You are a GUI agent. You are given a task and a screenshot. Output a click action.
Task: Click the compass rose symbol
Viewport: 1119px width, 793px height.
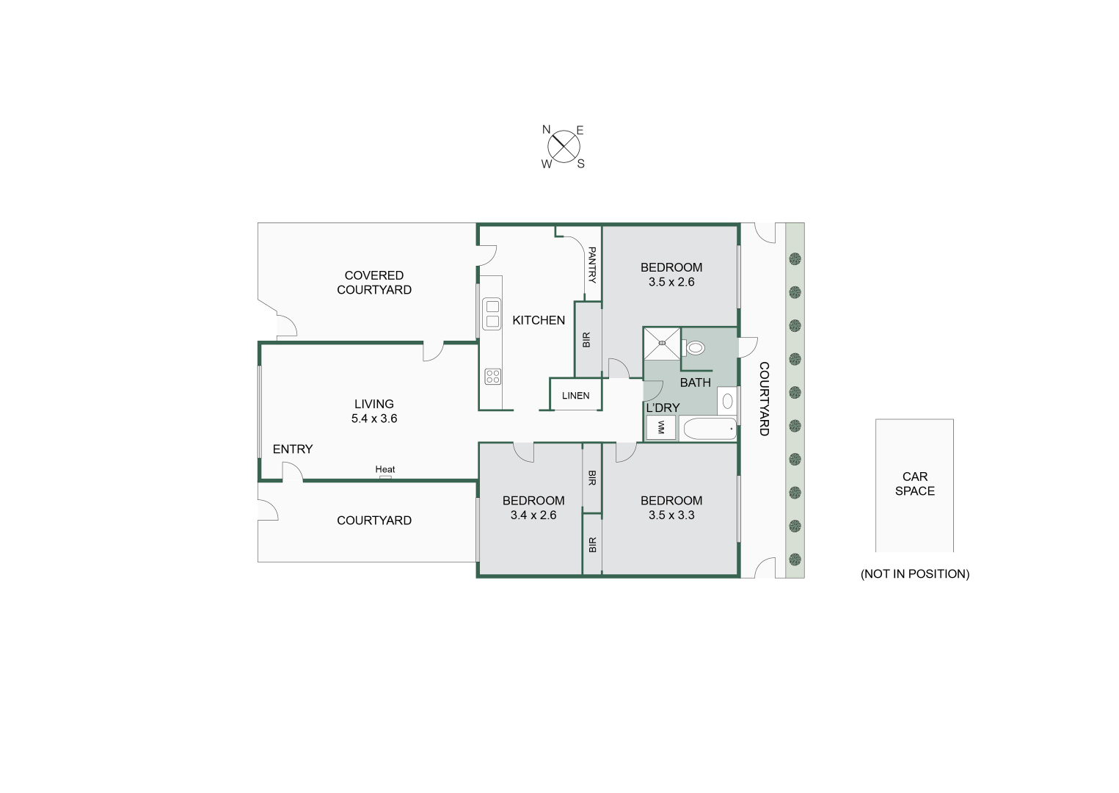pos(564,147)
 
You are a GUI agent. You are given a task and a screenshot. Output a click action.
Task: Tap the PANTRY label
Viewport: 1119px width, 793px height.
pos(592,265)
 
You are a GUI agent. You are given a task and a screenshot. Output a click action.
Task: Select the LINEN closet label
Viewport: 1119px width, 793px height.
pos(575,396)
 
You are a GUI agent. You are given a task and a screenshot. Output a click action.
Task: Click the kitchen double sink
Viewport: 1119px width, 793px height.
pos(492,314)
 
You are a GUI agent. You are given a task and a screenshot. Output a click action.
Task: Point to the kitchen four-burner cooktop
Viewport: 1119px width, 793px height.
pos(493,376)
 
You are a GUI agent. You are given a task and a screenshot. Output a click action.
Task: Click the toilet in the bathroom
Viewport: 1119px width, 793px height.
pos(693,347)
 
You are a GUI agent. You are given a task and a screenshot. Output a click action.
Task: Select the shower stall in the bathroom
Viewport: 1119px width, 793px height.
pos(662,344)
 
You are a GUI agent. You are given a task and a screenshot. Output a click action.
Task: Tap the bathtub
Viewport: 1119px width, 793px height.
pos(710,429)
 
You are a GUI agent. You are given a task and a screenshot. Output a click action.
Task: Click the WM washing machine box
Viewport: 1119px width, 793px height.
pos(661,427)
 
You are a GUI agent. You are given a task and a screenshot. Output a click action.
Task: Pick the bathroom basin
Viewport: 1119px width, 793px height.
pos(728,401)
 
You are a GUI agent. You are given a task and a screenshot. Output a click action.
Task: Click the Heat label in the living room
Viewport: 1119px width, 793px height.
pos(384,469)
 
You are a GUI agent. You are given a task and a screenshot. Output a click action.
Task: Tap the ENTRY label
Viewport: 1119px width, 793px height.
pos(293,449)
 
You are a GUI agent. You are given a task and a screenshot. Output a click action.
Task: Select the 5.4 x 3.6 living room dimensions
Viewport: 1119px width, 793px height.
pos(374,419)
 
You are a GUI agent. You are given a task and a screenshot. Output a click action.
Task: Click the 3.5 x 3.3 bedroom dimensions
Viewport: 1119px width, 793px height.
pos(671,515)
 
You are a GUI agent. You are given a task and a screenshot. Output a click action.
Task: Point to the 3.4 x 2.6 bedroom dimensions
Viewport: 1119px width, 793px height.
pos(533,515)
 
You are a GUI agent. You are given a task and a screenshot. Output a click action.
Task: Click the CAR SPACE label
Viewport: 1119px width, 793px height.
pos(915,484)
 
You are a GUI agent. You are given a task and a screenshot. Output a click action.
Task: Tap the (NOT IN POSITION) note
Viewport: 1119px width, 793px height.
pos(915,574)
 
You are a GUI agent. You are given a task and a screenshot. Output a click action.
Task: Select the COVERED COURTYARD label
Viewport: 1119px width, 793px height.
pos(374,283)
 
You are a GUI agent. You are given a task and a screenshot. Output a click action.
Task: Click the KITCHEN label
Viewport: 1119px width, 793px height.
pos(539,320)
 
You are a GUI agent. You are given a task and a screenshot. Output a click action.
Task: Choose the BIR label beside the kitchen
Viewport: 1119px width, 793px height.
pos(586,340)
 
